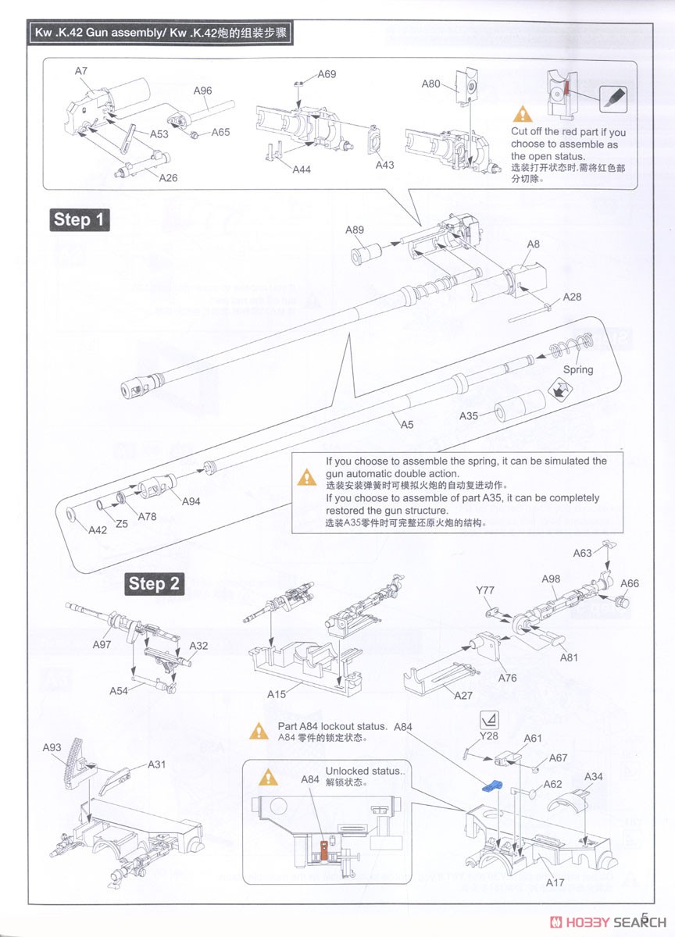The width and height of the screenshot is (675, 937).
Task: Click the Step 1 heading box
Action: point(78,219)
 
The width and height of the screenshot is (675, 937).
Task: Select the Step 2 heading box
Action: point(155,583)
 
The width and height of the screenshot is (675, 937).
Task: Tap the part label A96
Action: point(202,91)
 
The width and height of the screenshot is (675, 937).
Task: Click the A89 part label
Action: point(355,229)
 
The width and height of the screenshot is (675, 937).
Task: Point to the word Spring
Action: point(577,369)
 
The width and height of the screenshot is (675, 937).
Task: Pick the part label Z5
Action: point(122,524)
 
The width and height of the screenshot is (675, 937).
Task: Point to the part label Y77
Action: point(485,590)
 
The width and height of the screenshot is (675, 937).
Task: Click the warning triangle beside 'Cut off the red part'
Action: point(522,116)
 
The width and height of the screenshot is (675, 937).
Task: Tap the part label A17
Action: point(555,882)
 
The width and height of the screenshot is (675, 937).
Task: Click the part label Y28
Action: point(488,736)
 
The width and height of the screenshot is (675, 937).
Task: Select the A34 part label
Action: point(595,777)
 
